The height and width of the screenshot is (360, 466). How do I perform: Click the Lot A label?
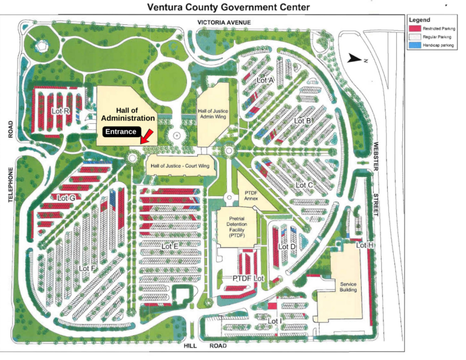266,80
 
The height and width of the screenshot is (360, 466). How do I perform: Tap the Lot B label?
303,121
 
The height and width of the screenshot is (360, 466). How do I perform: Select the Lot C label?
304,185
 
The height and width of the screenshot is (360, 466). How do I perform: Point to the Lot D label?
287,246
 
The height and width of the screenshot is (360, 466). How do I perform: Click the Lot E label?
170,246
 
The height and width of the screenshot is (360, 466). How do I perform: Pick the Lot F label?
88,268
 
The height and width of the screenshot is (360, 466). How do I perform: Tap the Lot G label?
66,198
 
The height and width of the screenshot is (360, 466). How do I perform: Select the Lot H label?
365,245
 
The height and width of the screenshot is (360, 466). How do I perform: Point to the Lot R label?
61,111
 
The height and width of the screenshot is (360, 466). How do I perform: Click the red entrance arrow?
146,135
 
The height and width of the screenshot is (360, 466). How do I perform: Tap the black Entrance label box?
121,132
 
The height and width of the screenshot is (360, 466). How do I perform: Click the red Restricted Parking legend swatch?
415,29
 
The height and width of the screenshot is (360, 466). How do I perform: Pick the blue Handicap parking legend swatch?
415,46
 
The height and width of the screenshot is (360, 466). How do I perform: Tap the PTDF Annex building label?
251,195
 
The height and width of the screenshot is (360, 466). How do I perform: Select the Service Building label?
348,287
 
